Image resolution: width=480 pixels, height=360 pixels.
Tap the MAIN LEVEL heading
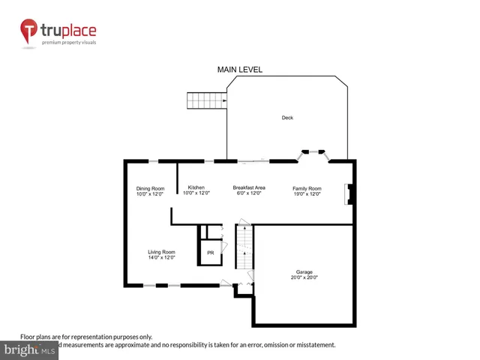click(240, 70)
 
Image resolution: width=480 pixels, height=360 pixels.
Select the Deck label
click(287, 118)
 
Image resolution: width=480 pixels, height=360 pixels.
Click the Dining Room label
click(150, 188)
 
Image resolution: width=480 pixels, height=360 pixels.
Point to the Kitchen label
click(196, 187)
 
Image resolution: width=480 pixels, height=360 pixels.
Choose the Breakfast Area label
click(248, 187)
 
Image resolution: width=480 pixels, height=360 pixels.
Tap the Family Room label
click(307, 188)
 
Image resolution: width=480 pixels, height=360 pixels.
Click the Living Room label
click(161, 252)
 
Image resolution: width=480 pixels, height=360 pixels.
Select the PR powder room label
click(211, 253)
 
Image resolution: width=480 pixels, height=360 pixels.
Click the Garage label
click(304, 271)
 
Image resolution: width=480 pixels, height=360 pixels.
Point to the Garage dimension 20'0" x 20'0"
click(304, 277)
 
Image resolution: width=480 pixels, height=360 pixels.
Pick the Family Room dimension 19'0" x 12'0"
click(307, 193)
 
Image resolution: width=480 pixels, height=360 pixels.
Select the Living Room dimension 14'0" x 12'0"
click(161, 258)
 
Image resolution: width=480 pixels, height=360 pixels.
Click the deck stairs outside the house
click(206, 100)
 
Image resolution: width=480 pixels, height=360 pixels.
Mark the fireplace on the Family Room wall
click(349, 194)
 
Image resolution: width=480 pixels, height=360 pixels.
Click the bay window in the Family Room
click(313, 154)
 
